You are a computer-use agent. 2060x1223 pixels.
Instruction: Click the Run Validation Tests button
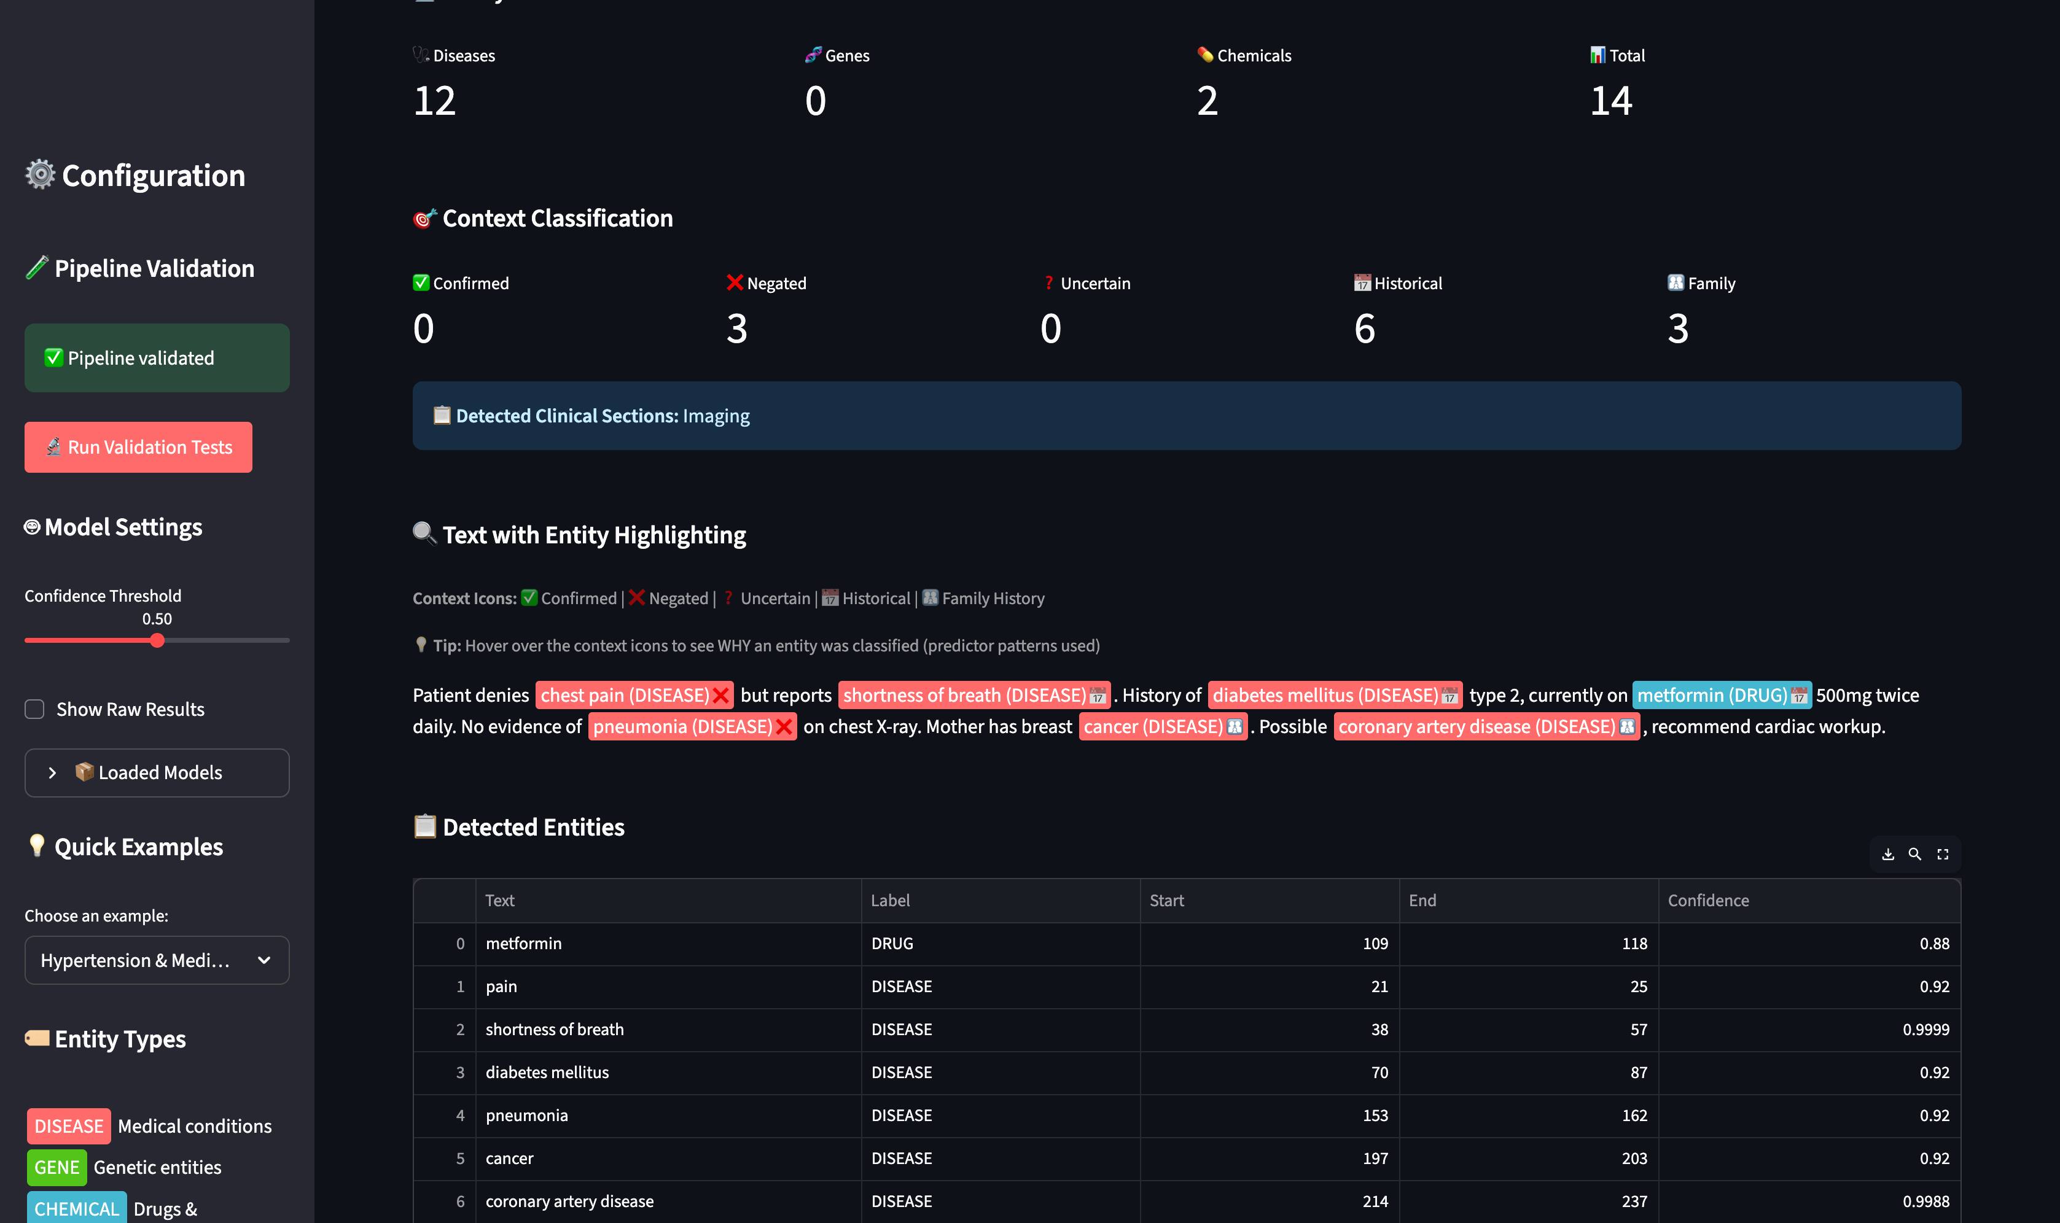click(x=138, y=448)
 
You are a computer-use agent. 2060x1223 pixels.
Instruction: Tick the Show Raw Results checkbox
click(x=34, y=710)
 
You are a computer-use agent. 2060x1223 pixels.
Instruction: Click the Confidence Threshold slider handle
click(x=157, y=641)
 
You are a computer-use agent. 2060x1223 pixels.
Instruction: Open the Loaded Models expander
click(x=157, y=773)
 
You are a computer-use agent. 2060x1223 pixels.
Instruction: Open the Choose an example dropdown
click(x=157, y=960)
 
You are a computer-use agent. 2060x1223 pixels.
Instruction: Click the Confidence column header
click(x=1708, y=901)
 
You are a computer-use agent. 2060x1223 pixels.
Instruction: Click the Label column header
click(x=891, y=901)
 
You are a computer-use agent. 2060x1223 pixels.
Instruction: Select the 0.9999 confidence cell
click(x=1925, y=1030)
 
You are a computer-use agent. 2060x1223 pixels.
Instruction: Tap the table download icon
click(x=1887, y=855)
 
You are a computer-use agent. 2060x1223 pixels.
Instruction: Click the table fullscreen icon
click(x=1943, y=855)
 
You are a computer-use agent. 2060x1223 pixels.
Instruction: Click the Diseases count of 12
click(x=434, y=101)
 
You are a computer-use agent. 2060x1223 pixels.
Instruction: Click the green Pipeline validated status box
click(x=157, y=359)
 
